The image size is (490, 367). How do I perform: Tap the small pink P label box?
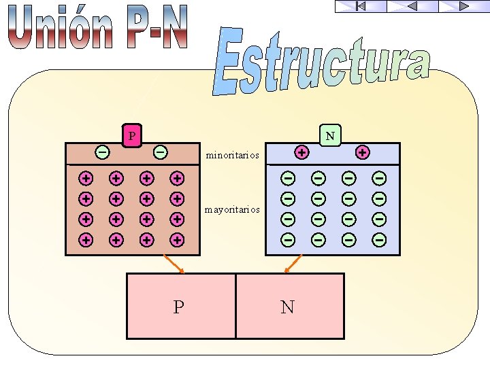coord(132,136)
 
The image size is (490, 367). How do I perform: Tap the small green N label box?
coord(330,136)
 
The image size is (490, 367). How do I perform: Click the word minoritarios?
coord(233,156)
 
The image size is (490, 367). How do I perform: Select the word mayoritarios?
coord(233,210)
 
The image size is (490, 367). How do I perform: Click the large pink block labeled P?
coord(180,306)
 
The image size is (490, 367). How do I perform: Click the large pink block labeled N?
coord(289,306)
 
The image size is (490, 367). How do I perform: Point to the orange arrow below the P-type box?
coord(175,264)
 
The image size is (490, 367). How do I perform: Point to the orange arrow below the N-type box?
coord(293,264)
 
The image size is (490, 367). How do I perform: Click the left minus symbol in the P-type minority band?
coord(101,152)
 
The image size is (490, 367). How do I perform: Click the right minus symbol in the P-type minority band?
coord(161,152)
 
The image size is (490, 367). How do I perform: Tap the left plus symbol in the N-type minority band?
coord(301,152)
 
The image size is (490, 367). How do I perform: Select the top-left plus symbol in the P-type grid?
coord(86,179)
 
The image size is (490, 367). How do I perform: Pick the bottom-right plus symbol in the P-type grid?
coord(177,239)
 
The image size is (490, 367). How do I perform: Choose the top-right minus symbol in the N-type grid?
coord(379,179)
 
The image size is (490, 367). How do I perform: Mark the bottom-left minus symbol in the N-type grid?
coord(289,239)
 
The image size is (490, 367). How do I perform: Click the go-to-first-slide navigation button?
coord(361,6)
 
